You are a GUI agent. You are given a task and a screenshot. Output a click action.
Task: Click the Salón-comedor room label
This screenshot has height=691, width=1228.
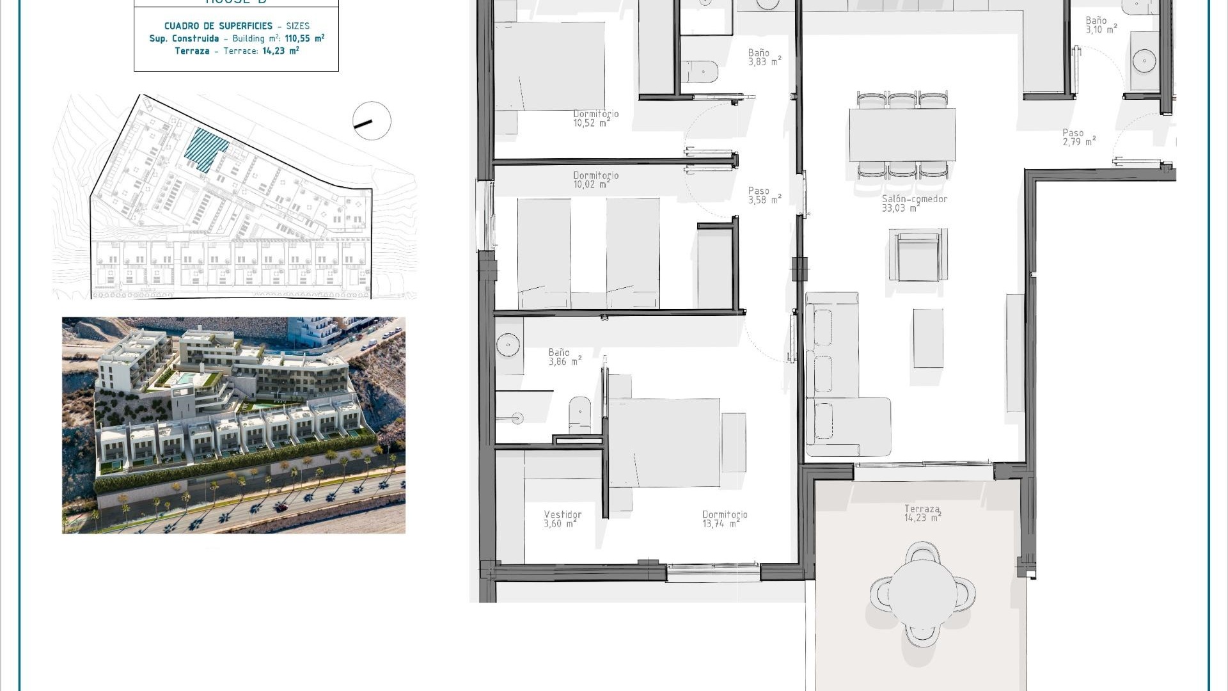click(x=914, y=199)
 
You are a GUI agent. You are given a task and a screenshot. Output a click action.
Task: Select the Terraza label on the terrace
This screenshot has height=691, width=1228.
click(x=922, y=509)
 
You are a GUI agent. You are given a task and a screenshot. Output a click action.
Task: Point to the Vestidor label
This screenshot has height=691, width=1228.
click(x=562, y=514)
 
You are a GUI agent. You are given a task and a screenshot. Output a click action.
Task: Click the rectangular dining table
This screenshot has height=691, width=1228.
click(x=902, y=135)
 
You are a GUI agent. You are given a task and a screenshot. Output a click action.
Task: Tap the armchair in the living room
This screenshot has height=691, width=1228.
click(x=918, y=255)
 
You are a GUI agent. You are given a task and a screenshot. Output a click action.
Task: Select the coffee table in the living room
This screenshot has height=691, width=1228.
click(x=928, y=338)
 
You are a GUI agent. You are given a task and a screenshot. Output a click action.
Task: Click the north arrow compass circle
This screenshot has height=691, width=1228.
click(x=372, y=121)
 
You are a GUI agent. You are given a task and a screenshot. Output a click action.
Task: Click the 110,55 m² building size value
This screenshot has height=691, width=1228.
click(x=304, y=38)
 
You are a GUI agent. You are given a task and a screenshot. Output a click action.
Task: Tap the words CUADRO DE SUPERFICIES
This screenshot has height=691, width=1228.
click(x=218, y=26)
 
